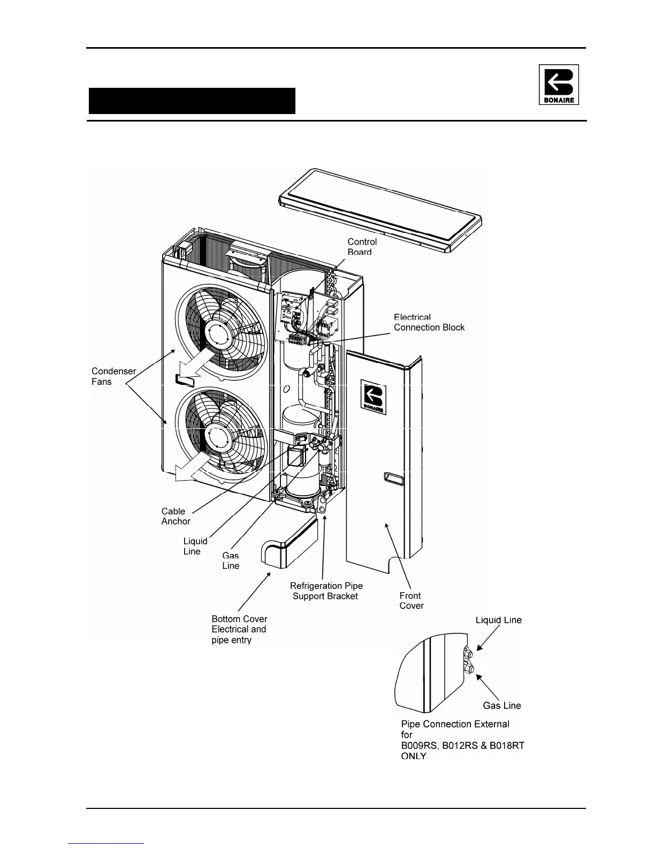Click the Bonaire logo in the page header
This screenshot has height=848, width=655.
click(558, 85)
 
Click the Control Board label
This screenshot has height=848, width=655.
click(362, 247)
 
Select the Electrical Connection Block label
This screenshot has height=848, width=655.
click(429, 322)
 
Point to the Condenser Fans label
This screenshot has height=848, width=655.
click(113, 376)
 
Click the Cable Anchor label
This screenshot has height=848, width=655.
click(176, 516)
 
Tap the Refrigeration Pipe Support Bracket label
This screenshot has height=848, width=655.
click(326, 591)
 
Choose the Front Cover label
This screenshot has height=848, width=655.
click(411, 601)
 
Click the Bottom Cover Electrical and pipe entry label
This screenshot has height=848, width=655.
click(239, 629)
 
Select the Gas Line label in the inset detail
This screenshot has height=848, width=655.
click(501, 706)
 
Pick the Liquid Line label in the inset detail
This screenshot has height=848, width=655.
click(498, 620)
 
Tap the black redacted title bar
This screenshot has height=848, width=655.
click(192, 101)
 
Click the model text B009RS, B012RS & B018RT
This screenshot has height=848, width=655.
click(462, 746)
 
